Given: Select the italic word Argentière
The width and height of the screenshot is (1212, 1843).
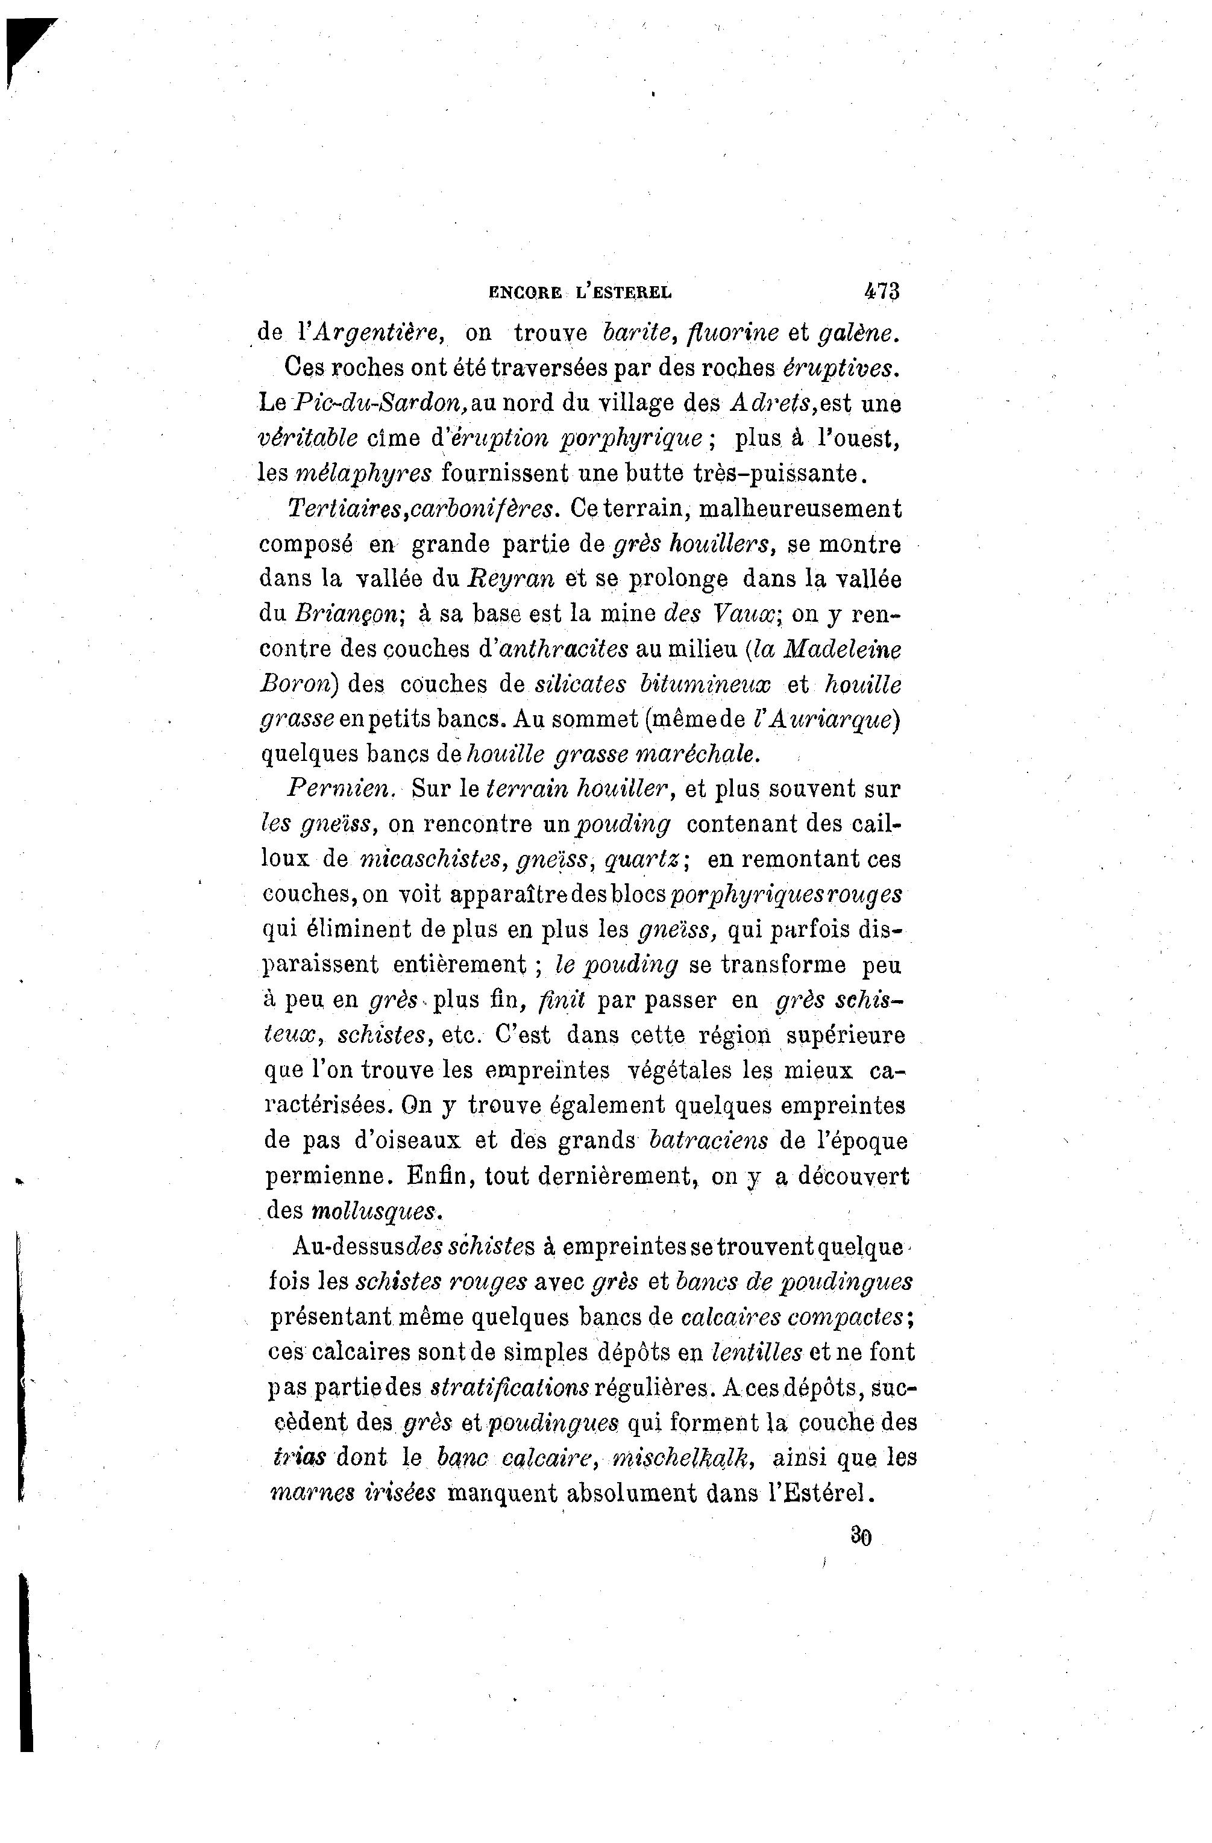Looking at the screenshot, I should pos(377,332).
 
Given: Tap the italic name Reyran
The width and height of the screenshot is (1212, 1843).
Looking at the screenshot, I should pos(511,578).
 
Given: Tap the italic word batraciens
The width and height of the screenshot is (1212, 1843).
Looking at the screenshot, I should pos(709,1140).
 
